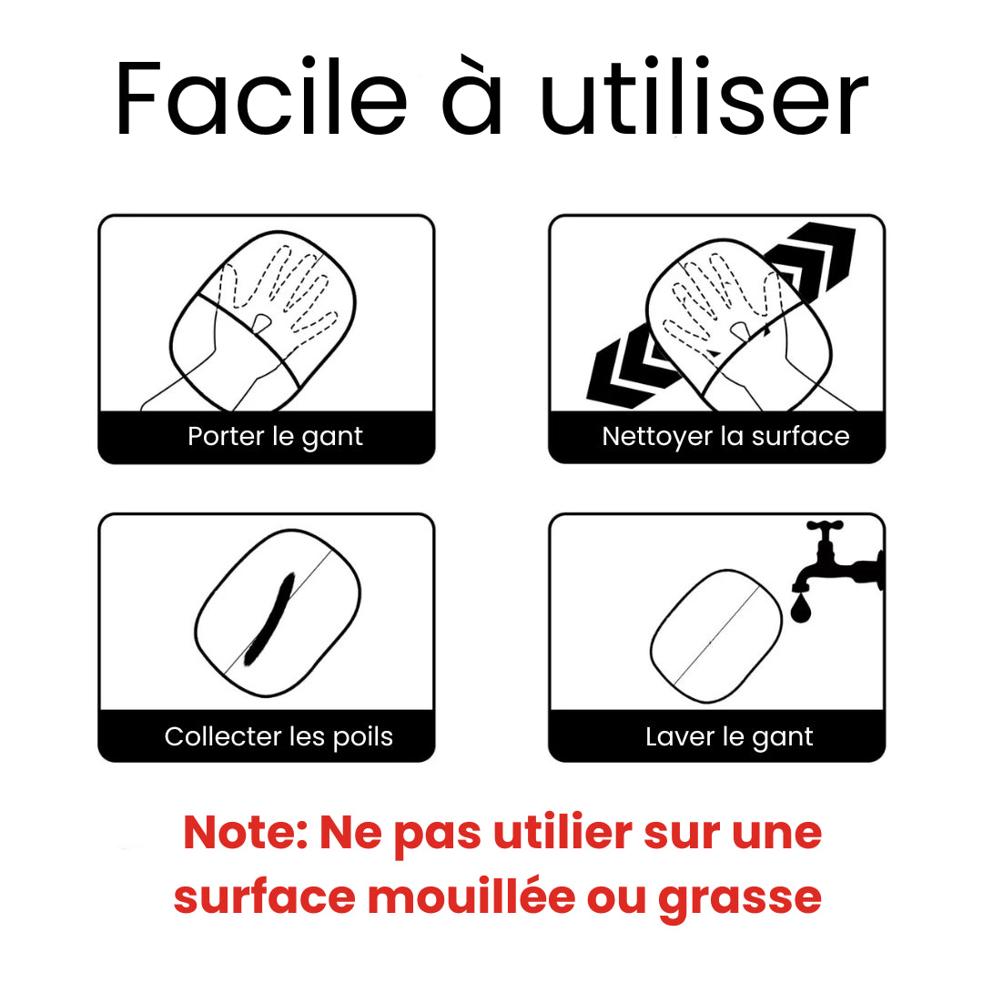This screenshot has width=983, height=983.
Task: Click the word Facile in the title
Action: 260,99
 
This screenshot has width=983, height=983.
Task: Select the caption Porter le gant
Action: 275,437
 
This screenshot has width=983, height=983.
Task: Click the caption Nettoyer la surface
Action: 725,437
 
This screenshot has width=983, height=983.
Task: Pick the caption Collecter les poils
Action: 279,736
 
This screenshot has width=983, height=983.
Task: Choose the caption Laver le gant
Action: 729,736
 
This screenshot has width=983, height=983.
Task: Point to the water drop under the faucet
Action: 802,608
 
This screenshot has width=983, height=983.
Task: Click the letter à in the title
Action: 472,99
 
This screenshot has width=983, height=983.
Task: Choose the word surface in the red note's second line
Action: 264,897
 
